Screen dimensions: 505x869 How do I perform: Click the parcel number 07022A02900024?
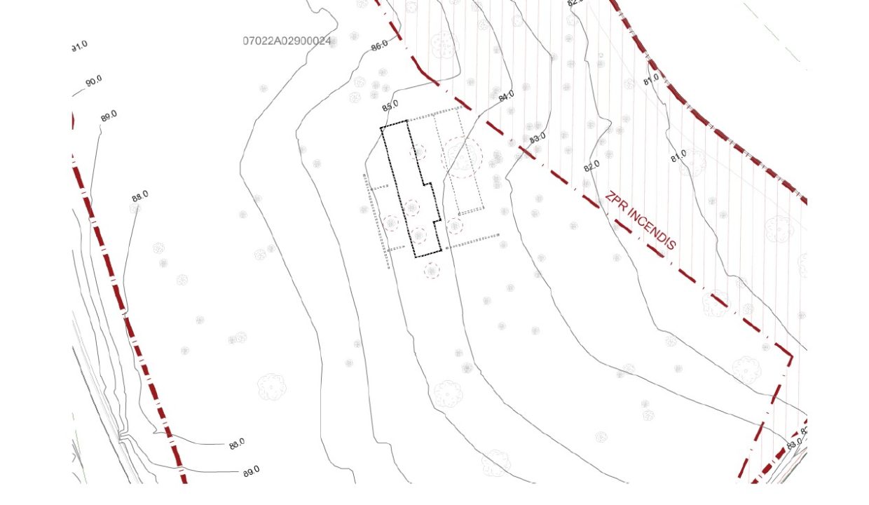pos(287,41)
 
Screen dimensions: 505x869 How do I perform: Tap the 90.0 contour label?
pos(94,81)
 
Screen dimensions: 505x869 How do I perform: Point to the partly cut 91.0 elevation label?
pos(79,46)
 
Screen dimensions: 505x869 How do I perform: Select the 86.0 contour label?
pos(379,46)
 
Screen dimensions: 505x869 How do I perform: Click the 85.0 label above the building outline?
pos(390,105)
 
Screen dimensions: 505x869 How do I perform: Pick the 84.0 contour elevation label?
pos(506,96)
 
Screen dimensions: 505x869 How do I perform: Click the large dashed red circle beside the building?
pos(462,157)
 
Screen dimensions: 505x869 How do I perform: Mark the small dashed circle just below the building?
pos(432,270)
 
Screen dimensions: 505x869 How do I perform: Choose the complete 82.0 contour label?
pos(592,166)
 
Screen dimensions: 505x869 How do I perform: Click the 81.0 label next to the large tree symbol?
pos(678,156)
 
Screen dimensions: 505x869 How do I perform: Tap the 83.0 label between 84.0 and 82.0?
pos(538,138)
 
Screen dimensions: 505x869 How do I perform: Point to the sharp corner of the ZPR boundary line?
pos(792,356)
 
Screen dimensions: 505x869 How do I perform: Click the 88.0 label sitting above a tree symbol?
pos(140,196)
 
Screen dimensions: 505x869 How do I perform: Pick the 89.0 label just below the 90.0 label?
pos(109,116)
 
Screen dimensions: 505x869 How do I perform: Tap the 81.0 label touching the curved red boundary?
pos(651,79)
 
